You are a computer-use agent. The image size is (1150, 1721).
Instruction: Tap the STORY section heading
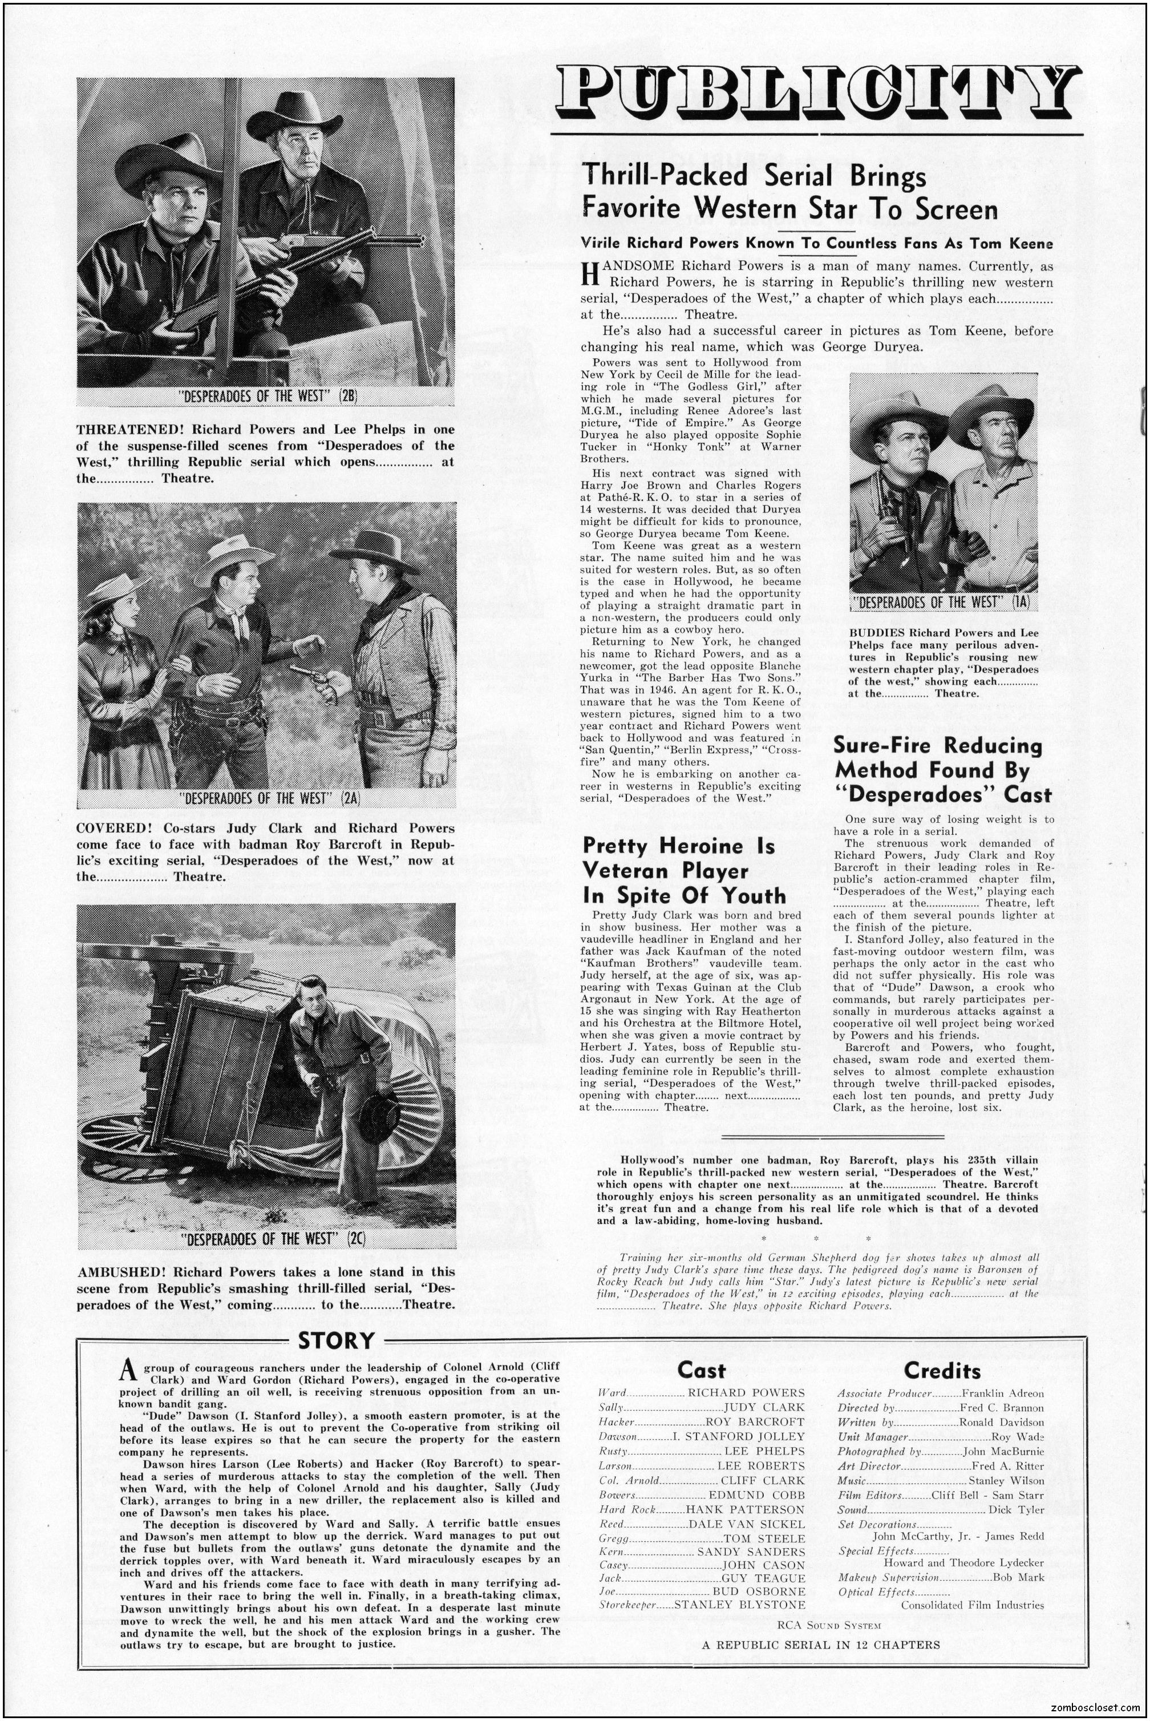(337, 1340)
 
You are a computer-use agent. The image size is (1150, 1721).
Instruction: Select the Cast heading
(701, 1369)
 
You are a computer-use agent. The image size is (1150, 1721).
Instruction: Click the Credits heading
(942, 1369)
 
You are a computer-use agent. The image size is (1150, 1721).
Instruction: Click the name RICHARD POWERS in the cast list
(745, 1392)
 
